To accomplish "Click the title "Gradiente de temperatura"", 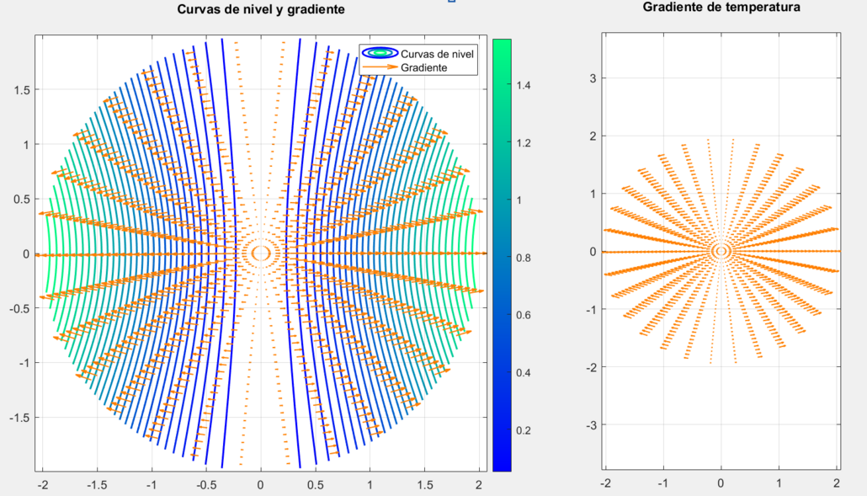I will pyautogui.click(x=721, y=7).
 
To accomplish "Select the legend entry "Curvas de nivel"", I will pyautogui.click(x=437, y=54).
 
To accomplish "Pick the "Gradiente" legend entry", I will pyautogui.click(x=423, y=67).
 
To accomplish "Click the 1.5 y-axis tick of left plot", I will pyautogui.click(x=19, y=90).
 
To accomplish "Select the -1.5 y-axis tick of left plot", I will pyautogui.click(x=17, y=418).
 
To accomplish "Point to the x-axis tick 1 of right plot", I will pyautogui.click(x=779, y=483).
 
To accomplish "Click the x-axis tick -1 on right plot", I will pyautogui.click(x=662, y=483).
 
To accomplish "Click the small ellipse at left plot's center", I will pyautogui.click(x=260, y=252).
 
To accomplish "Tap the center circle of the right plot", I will pyautogui.click(x=721, y=251).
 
